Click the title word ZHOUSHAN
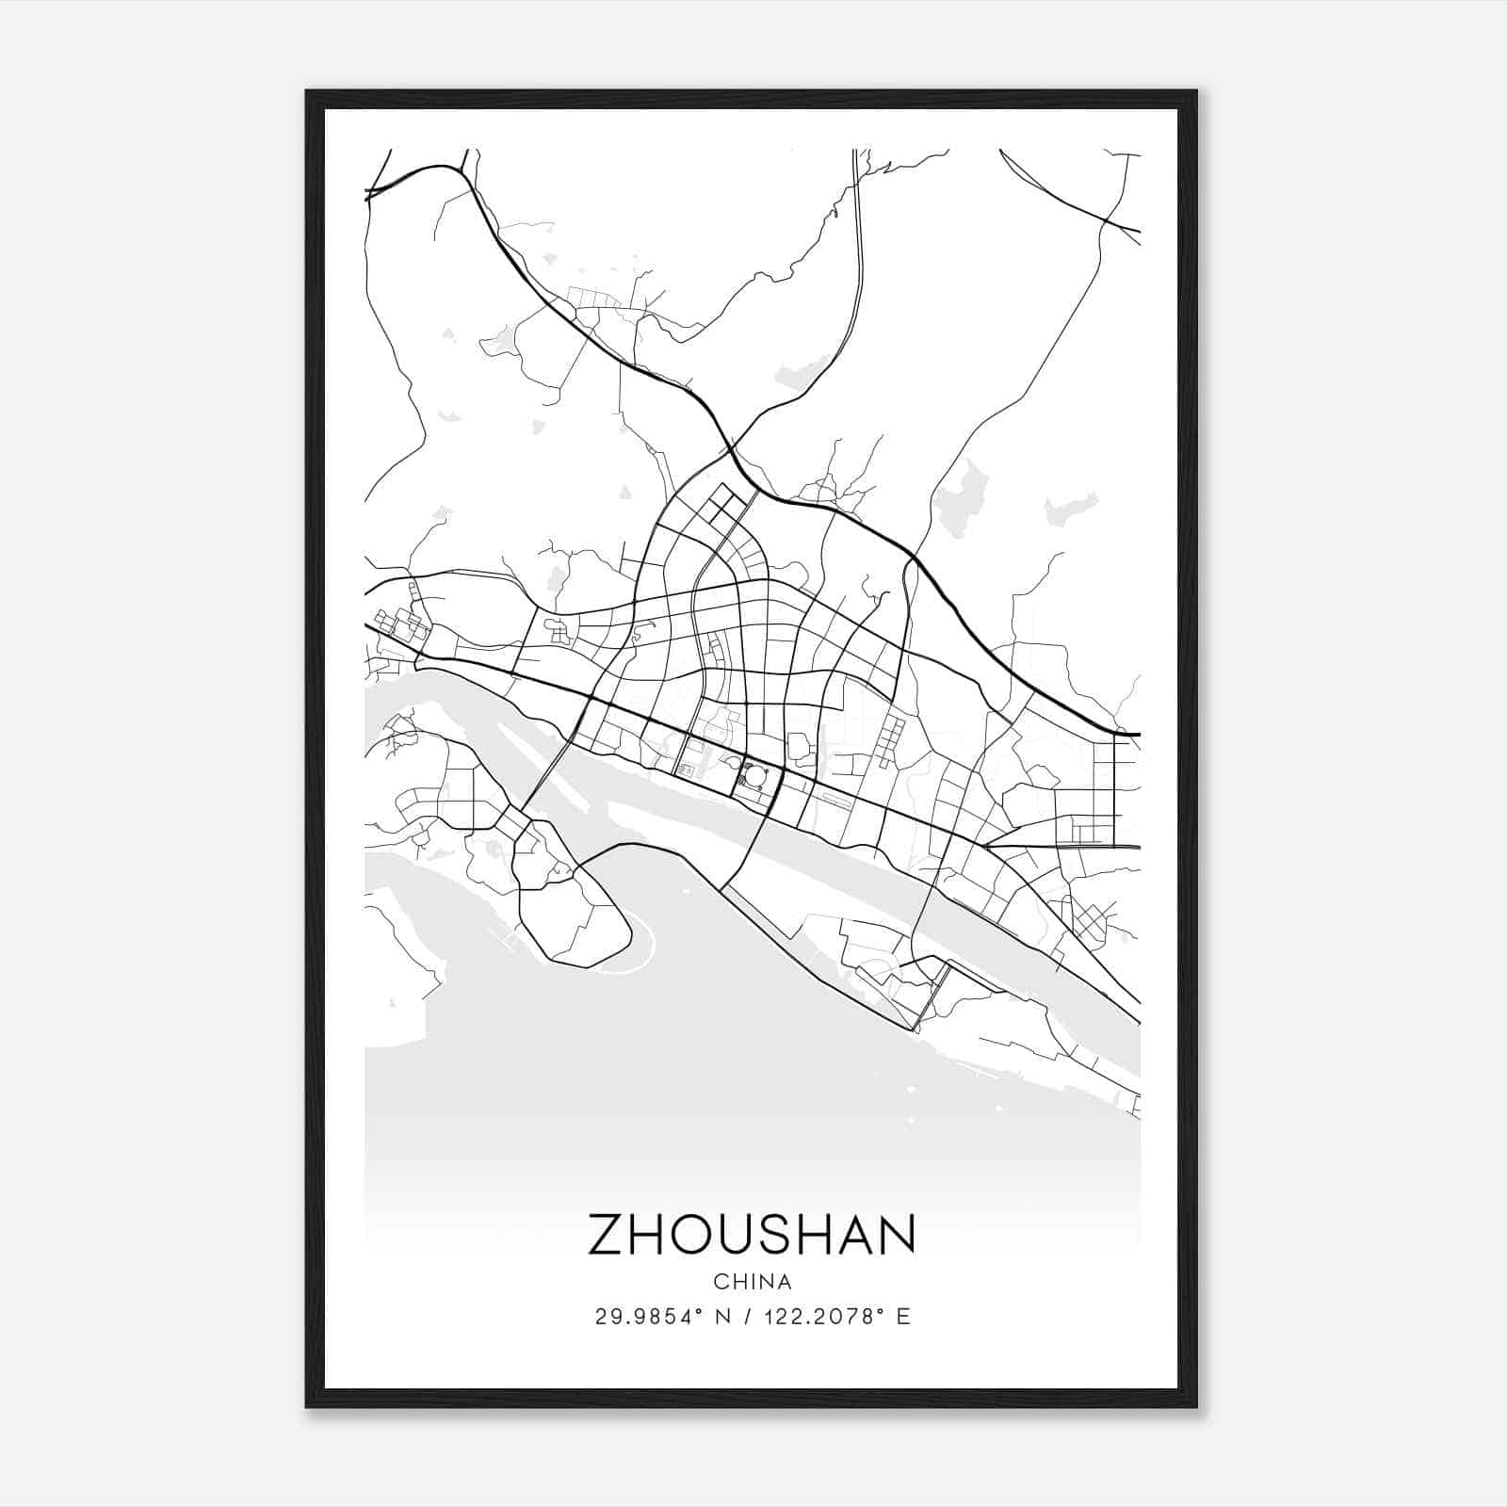[x=752, y=1234]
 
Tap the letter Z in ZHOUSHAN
[x=608, y=1234]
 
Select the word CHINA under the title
[x=752, y=1282]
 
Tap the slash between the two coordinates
[x=747, y=1317]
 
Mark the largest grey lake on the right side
[x=962, y=499]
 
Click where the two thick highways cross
[x=731, y=447]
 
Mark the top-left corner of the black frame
[x=308, y=92]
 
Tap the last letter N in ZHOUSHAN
[x=897, y=1234]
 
